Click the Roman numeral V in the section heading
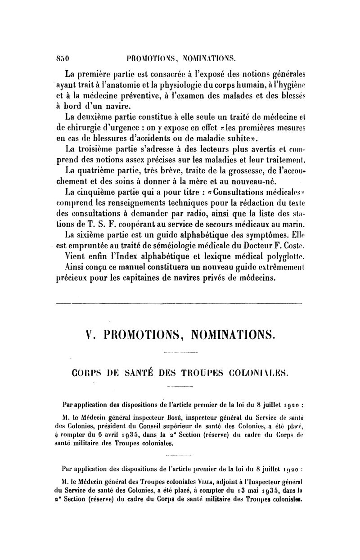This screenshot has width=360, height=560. pos(89,335)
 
